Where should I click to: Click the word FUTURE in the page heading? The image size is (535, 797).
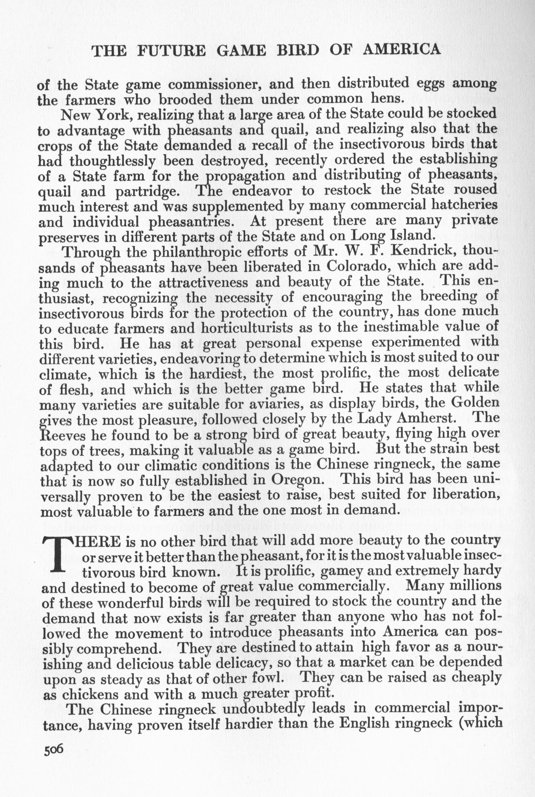[171, 51]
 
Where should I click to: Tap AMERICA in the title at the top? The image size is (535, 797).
[401, 50]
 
